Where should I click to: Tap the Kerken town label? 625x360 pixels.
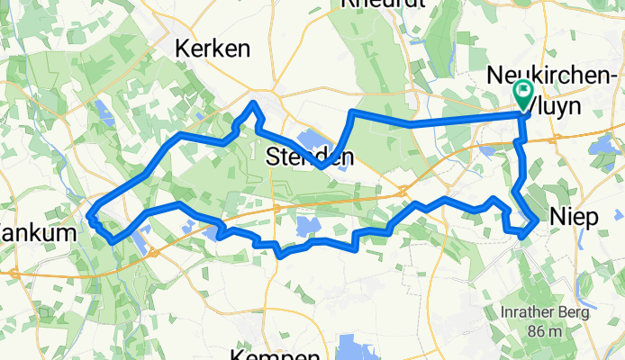click(213, 49)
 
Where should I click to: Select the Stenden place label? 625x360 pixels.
click(311, 157)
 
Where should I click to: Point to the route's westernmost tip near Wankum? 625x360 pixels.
click(88, 214)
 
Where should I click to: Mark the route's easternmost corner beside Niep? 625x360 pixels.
click(539, 219)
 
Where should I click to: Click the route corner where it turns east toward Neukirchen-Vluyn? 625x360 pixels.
click(351, 112)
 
